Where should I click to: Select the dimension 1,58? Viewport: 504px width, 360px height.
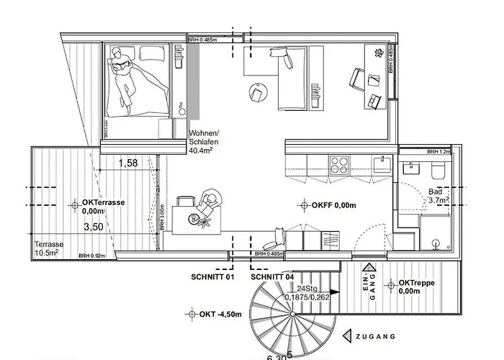pos(129,164)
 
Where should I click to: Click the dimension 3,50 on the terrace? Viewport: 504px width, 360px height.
pos(93,227)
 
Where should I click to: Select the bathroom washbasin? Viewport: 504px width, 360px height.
pos(412,168)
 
